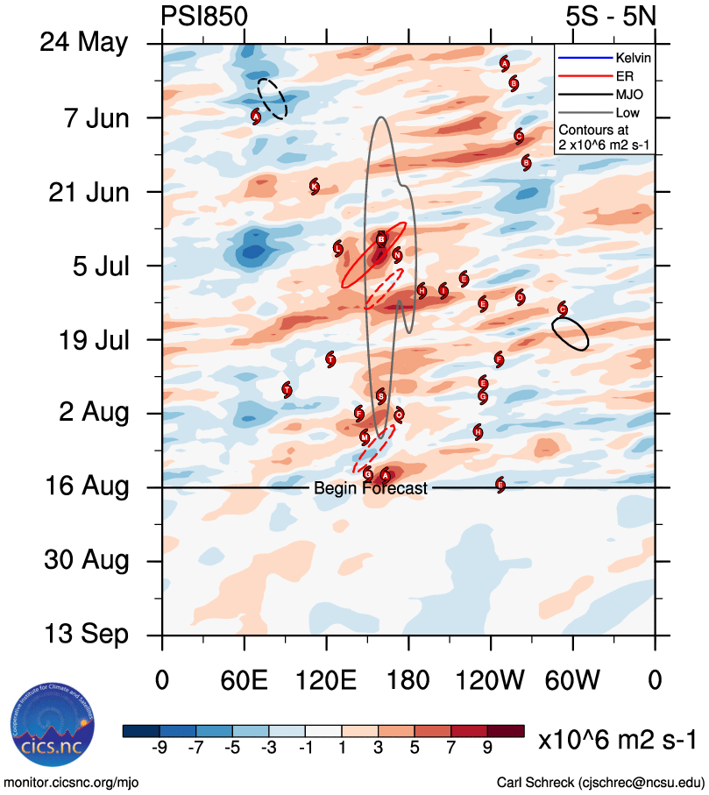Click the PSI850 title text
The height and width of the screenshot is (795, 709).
click(x=204, y=17)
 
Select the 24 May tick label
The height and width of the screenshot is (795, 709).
click(x=84, y=43)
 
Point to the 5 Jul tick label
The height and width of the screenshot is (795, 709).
click(x=96, y=265)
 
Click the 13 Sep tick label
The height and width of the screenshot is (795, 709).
click(x=86, y=635)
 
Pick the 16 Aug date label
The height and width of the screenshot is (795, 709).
click(x=85, y=486)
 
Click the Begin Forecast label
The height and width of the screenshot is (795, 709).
click(x=371, y=488)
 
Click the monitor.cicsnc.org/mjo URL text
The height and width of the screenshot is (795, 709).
click(x=71, y=782)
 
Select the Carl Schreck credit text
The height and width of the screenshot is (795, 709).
click(x=599, y=782)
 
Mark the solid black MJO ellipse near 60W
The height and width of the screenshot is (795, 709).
click(x=570, y=334)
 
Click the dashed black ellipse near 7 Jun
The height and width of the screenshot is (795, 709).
click(x=272, y=98)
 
